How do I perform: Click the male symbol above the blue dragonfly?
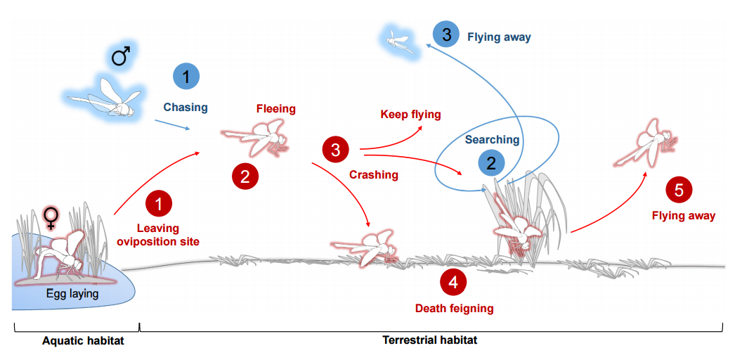click(x=122, y=56)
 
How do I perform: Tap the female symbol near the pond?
click(x=51, y=218)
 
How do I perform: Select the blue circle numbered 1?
click(x=186, y=77)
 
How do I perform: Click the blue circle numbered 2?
click(x=491, y=164)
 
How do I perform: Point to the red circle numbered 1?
click(x=159, y=204)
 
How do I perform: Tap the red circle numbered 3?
click(x=335, y=149)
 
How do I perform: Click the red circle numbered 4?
click(x=453, y=282)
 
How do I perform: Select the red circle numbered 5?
click(x=678, y=189)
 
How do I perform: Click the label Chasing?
click(x=186, y=108)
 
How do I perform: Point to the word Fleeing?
click(x=275, y=109)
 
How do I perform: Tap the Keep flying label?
click(x=410, y=114)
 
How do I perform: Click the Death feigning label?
click(x=454, y=308)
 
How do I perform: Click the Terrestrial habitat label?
click(x=429, y=340)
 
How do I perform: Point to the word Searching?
click(x=492, y=140)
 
